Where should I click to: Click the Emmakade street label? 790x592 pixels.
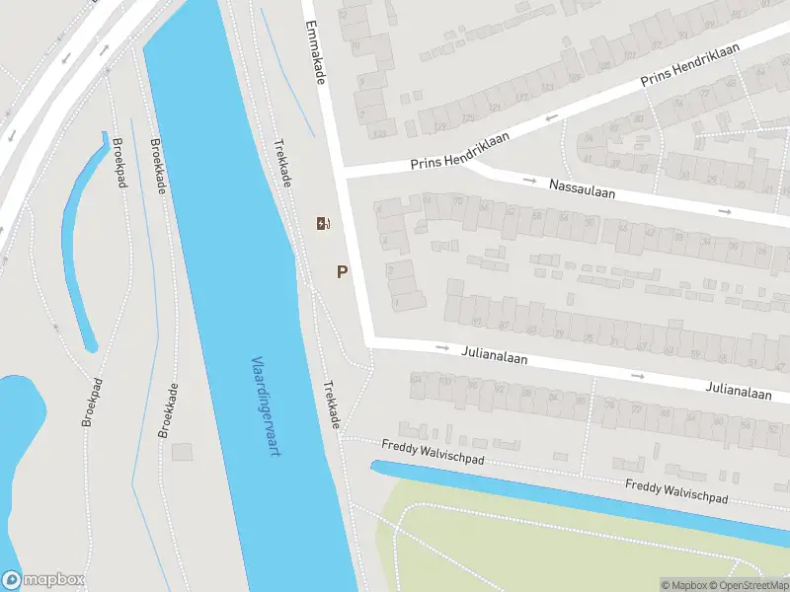(315, 51)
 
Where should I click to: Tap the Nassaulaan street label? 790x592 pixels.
(582, 188)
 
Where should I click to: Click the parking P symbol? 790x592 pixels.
(343, 272)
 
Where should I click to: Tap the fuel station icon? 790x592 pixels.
(322, 223)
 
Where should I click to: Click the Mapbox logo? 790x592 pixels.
(42, 580)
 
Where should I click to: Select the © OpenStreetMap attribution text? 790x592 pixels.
(748, 585)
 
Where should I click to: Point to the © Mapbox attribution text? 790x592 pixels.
(683, 585)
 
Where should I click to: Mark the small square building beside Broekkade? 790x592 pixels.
(182, 451)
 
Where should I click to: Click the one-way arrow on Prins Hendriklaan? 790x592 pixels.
(549, 120)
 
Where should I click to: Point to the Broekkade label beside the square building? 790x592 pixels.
(167, 409)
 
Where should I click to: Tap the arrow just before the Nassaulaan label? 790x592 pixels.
(530, 182)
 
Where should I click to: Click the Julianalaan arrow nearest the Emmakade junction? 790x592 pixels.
(442, 348)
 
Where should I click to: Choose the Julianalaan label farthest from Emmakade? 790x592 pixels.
(739, 392)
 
